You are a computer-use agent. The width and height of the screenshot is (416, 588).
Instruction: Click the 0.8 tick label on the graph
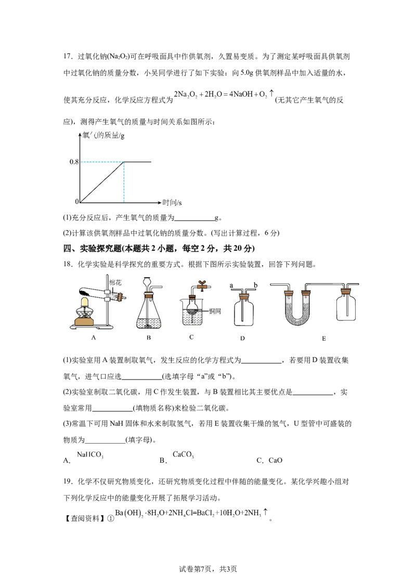click(x=74, y=162)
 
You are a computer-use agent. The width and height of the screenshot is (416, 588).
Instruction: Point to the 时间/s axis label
click(x=172, y=203)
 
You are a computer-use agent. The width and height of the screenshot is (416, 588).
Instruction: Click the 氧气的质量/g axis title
click(x=103, y=136)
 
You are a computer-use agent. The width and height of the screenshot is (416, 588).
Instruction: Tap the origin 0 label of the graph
click(x=77, y=202)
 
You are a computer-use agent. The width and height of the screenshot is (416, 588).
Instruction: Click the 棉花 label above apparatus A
click(x=115, y=283)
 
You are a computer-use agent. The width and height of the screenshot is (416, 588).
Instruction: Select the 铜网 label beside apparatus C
click(x=215, y=311)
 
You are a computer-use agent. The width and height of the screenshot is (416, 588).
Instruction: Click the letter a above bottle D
click(x=231, y=285)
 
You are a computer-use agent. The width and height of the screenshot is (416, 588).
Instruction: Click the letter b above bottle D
click(x=256, y=285)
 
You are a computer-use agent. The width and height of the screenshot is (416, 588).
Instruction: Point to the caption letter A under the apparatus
click(x=94, y=338)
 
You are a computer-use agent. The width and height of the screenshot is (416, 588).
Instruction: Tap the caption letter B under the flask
click(x=149, y=338)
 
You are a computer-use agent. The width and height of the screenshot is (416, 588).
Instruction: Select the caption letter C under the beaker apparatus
click(x=191, y=337)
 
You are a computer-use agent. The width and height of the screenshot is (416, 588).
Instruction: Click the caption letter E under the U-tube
click(x=323, y=339)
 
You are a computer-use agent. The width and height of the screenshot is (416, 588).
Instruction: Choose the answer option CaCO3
click(x=183, y=455)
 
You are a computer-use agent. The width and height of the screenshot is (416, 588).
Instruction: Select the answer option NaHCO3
click(x=90, y=455)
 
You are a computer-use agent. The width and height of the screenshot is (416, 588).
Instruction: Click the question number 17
click(x=67, y=57)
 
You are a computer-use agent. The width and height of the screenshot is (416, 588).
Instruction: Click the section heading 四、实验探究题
click(x=93, y=248)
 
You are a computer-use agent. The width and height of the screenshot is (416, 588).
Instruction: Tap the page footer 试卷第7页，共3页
click(x=207, y=569)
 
